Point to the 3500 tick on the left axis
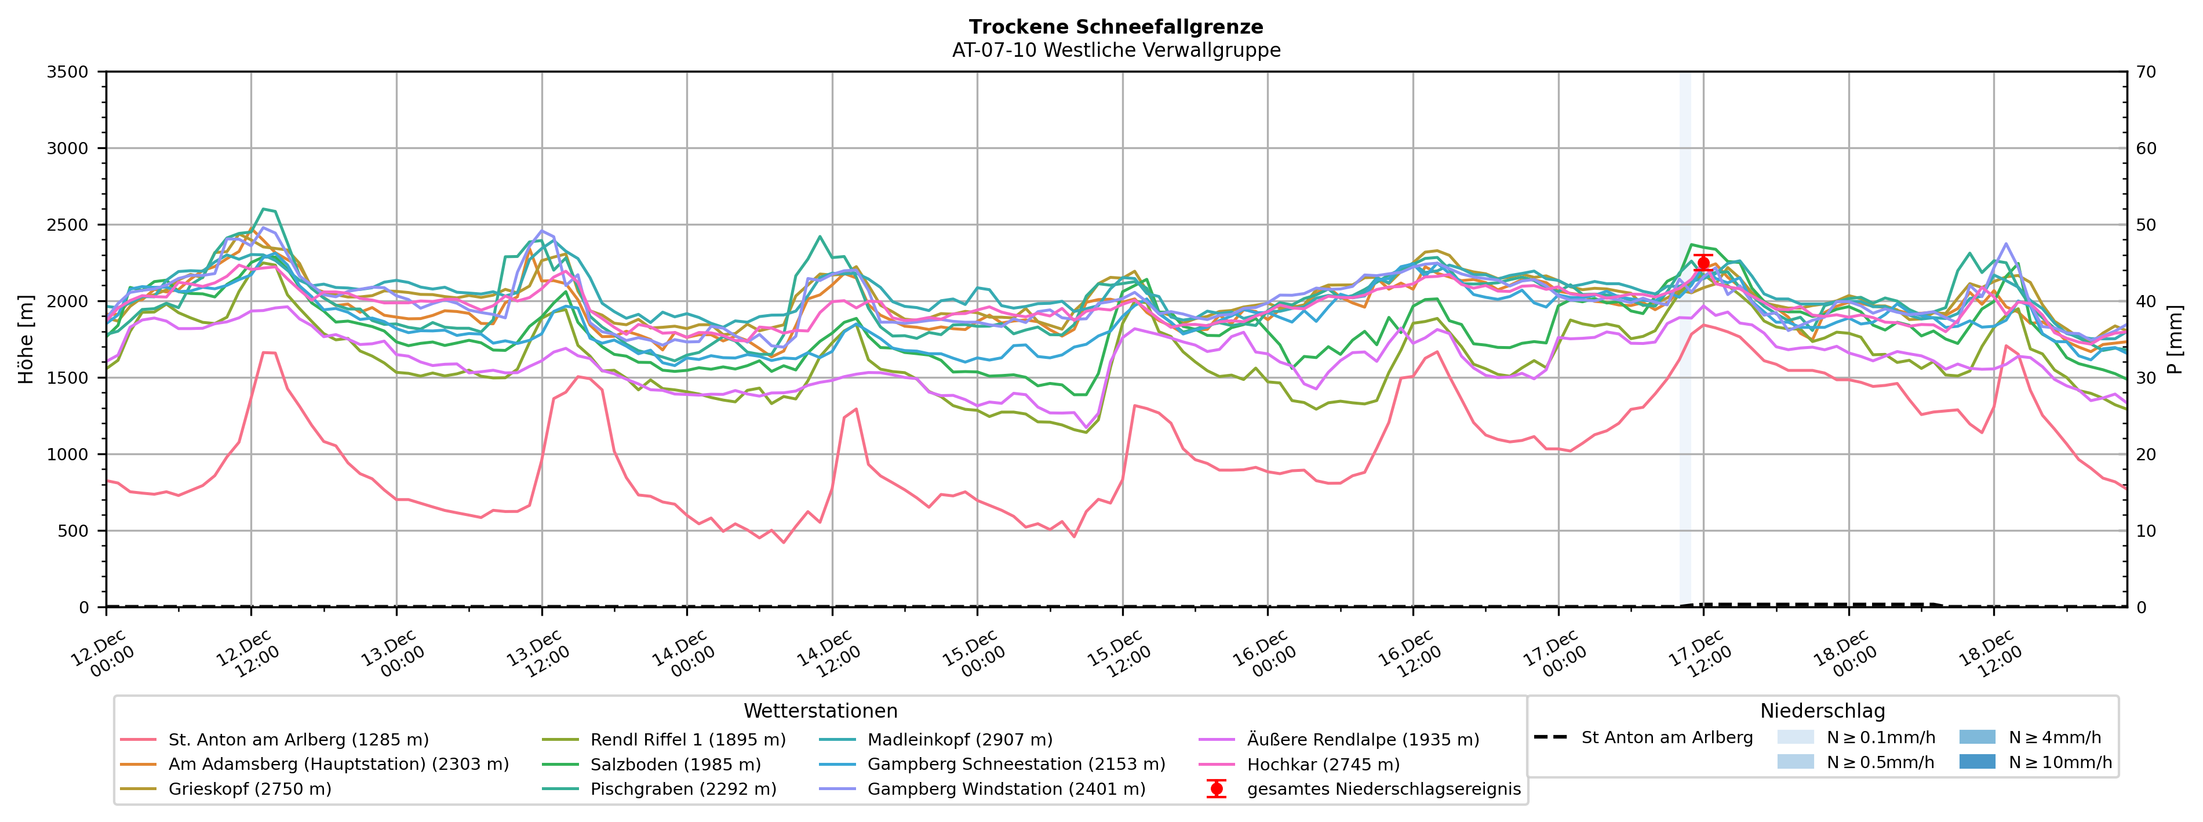click(68, 72)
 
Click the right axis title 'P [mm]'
click(2175, 340)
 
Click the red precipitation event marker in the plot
click(1703, 263)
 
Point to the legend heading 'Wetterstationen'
click(820, 711)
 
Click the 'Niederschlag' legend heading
click(1822, 711)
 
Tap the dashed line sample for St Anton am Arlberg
click(1550, 737)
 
